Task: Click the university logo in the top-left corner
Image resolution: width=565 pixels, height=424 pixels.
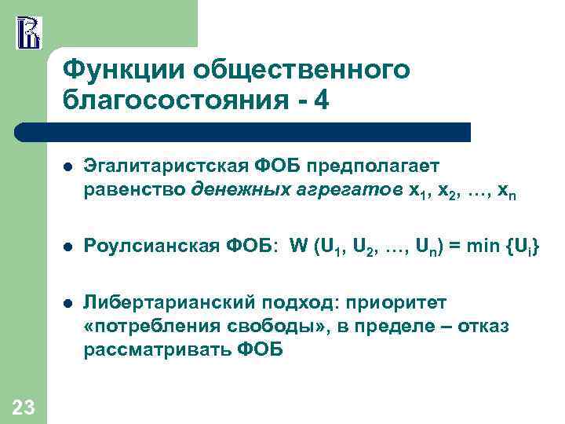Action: click(27, 31)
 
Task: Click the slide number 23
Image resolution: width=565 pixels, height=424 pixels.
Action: click(24, 406)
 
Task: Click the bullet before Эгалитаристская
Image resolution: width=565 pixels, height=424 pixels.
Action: click(68, 167)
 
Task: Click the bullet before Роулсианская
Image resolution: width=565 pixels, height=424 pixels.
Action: click(68, 249)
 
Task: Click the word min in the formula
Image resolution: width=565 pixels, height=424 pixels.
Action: click(479, 248)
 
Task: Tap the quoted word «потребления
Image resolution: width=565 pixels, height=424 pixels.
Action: click(140, 326)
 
